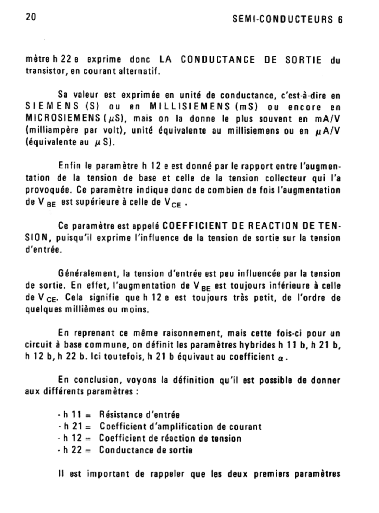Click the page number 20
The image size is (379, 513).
coord(31,16)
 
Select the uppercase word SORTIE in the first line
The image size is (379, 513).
coord(304,60)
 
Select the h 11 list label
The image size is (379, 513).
coord(73,415)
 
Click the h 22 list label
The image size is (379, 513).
coord(73,450)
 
